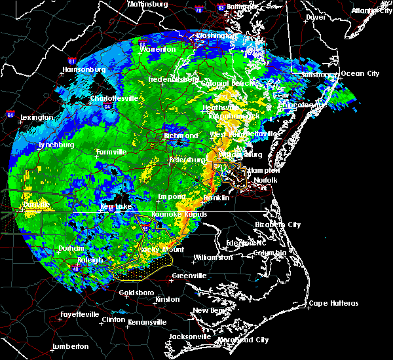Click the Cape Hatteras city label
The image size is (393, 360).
pyautogui.click(x=333, y=303)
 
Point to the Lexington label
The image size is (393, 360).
pyautogui.click(x=37, y=117)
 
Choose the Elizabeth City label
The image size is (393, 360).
pyautogui.click(x=278, y=225)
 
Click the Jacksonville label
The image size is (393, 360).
pyautogui.click(x=189, y=336)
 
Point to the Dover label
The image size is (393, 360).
pyautogui.click(x=316, y=17)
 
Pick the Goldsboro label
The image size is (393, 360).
pyautogui.click(x=137, y=293)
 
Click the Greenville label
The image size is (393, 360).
pyautogui.click(x=190, y=276)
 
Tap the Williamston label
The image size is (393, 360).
pyautogui.click(x=213, y=257)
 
